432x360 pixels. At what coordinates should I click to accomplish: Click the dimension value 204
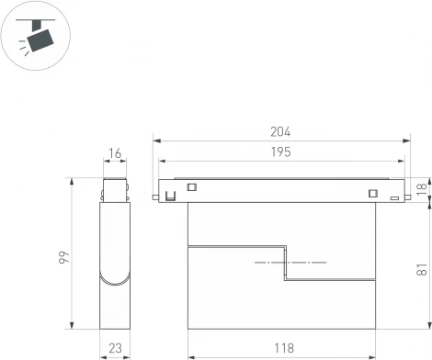click(x=282, y=132)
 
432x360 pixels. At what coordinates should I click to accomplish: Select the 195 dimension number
click(x=282, y=152)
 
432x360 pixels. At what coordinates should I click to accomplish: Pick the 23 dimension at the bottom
click(x=115, y=349)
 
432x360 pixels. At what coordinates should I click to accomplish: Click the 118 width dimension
click(x=282, y=348)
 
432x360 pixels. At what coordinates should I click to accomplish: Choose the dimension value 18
click(x=422, y=188)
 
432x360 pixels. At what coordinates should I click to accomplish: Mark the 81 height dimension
click(x=422, y=269)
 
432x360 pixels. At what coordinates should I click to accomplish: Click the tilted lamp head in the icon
click(x=40, y=39)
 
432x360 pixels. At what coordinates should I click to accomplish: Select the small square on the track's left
click(x=192, y=186)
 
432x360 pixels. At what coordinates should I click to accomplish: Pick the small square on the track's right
click(x=372, y=193)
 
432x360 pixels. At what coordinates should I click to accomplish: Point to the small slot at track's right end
click(x=393, y=197)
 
